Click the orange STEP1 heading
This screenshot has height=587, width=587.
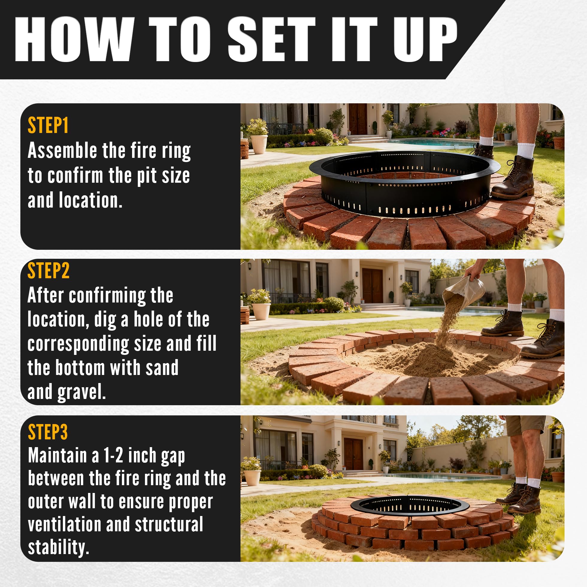48,125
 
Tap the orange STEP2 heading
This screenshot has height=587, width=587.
49,271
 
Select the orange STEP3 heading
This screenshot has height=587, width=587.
48,432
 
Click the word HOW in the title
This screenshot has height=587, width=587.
74,40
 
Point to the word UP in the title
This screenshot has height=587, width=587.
425,40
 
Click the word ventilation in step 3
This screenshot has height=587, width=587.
64,525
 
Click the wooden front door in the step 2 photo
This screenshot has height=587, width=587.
373,286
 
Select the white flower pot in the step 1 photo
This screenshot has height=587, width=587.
259,144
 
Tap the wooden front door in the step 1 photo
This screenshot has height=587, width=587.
358,119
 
